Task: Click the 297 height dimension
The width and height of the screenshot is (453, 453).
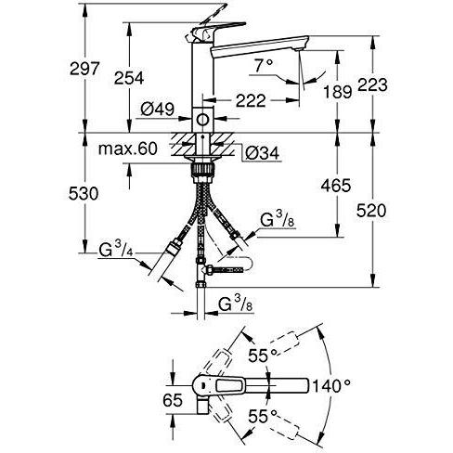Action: pos(84,69)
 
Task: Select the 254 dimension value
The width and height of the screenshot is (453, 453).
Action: pos(129,78)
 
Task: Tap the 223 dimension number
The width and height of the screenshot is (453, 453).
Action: pos(372,84)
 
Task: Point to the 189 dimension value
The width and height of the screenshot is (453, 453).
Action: pos(338,92)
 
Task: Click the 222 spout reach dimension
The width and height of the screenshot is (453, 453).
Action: pos(251,100)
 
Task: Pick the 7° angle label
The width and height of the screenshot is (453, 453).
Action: pos(264,66)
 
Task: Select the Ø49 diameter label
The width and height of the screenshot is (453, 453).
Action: pos(158,109)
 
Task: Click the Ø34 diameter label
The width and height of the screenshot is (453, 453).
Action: pos(262,153)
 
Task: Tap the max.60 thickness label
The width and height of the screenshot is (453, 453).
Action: pos(128,149)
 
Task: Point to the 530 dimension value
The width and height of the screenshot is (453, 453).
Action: pos(84,194)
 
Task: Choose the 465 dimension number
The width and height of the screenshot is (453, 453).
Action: pos(336,186)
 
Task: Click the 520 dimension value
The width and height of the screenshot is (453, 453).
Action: pos(371,211)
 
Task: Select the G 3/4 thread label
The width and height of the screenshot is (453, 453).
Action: pos(116,250)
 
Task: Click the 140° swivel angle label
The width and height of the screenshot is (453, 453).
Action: pos(331,385)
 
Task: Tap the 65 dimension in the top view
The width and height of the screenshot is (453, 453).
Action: pos(173,401)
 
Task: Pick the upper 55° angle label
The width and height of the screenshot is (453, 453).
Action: pos(263,356)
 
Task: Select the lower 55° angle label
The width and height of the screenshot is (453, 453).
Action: pos(263,417)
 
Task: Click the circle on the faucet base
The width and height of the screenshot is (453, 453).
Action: pos(202,120)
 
